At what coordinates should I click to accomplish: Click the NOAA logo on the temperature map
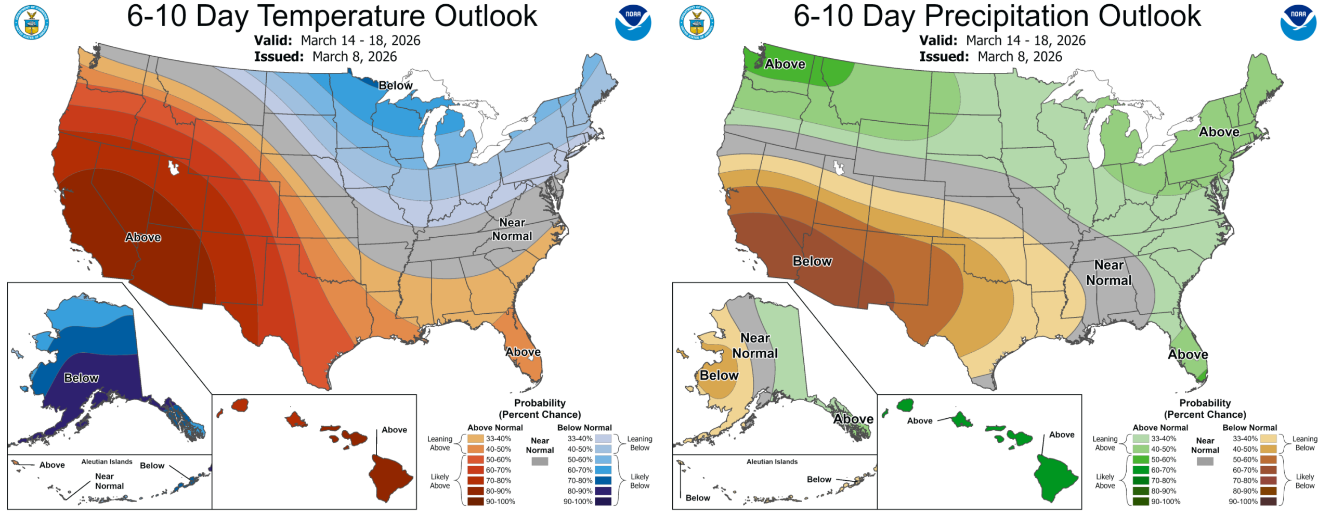click(x=633, y=22)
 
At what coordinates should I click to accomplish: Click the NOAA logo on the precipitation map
click(x=1298, y=22)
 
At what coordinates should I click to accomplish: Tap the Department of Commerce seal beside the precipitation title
click(x=697, y=22)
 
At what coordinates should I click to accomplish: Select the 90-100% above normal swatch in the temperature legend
click(x=475, y=502)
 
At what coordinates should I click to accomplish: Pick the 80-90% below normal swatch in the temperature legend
click(x=603, y=491)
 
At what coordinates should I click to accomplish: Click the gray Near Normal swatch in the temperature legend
click(x=540, y=461)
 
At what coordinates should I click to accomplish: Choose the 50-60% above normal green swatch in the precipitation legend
click(x=1141, y=459)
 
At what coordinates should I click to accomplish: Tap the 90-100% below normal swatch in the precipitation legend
click(x=1269, y=502)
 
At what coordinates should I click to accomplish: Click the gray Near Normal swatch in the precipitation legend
click(x=1205, y=461)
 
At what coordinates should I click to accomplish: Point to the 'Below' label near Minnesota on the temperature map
click(x=395, y=85)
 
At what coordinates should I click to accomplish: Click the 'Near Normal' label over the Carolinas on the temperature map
click(x=512, y=229)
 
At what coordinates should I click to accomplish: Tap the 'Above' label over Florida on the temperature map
click(x=523, y=352)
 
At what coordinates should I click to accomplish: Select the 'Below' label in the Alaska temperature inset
click(x=81, y=378)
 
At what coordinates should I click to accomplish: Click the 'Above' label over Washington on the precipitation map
click(x=785, y=64)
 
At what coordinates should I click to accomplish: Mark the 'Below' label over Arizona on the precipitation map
click(x=812, y=261)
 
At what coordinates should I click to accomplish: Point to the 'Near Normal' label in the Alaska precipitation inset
click(x=755, y=345)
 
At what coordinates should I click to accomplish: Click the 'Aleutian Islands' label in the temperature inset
click(x=107, y=462)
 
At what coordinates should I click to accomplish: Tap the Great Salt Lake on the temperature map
click(x=173, y=168)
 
